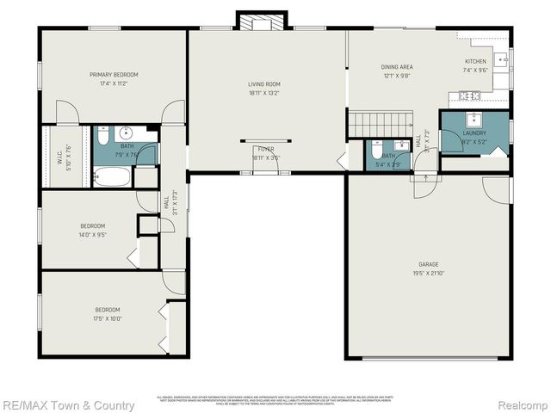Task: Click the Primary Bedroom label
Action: point(114,75)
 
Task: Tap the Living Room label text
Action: point(264,83)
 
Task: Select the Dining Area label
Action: point(397,66)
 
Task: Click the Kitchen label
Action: point(476,62)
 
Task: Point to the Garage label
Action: point(429,264)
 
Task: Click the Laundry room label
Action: point(474,133)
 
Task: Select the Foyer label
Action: point(264,149)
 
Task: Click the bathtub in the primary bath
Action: point(112,178)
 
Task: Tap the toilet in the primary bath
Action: point(102,135)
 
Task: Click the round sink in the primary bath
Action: point(127,133)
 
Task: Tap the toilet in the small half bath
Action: point(377,149)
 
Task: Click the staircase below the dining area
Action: point(380,124)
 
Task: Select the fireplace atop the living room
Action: point(256,23)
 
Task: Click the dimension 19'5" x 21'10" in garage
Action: point(429,273)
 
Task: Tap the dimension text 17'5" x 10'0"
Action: point(108,318)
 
